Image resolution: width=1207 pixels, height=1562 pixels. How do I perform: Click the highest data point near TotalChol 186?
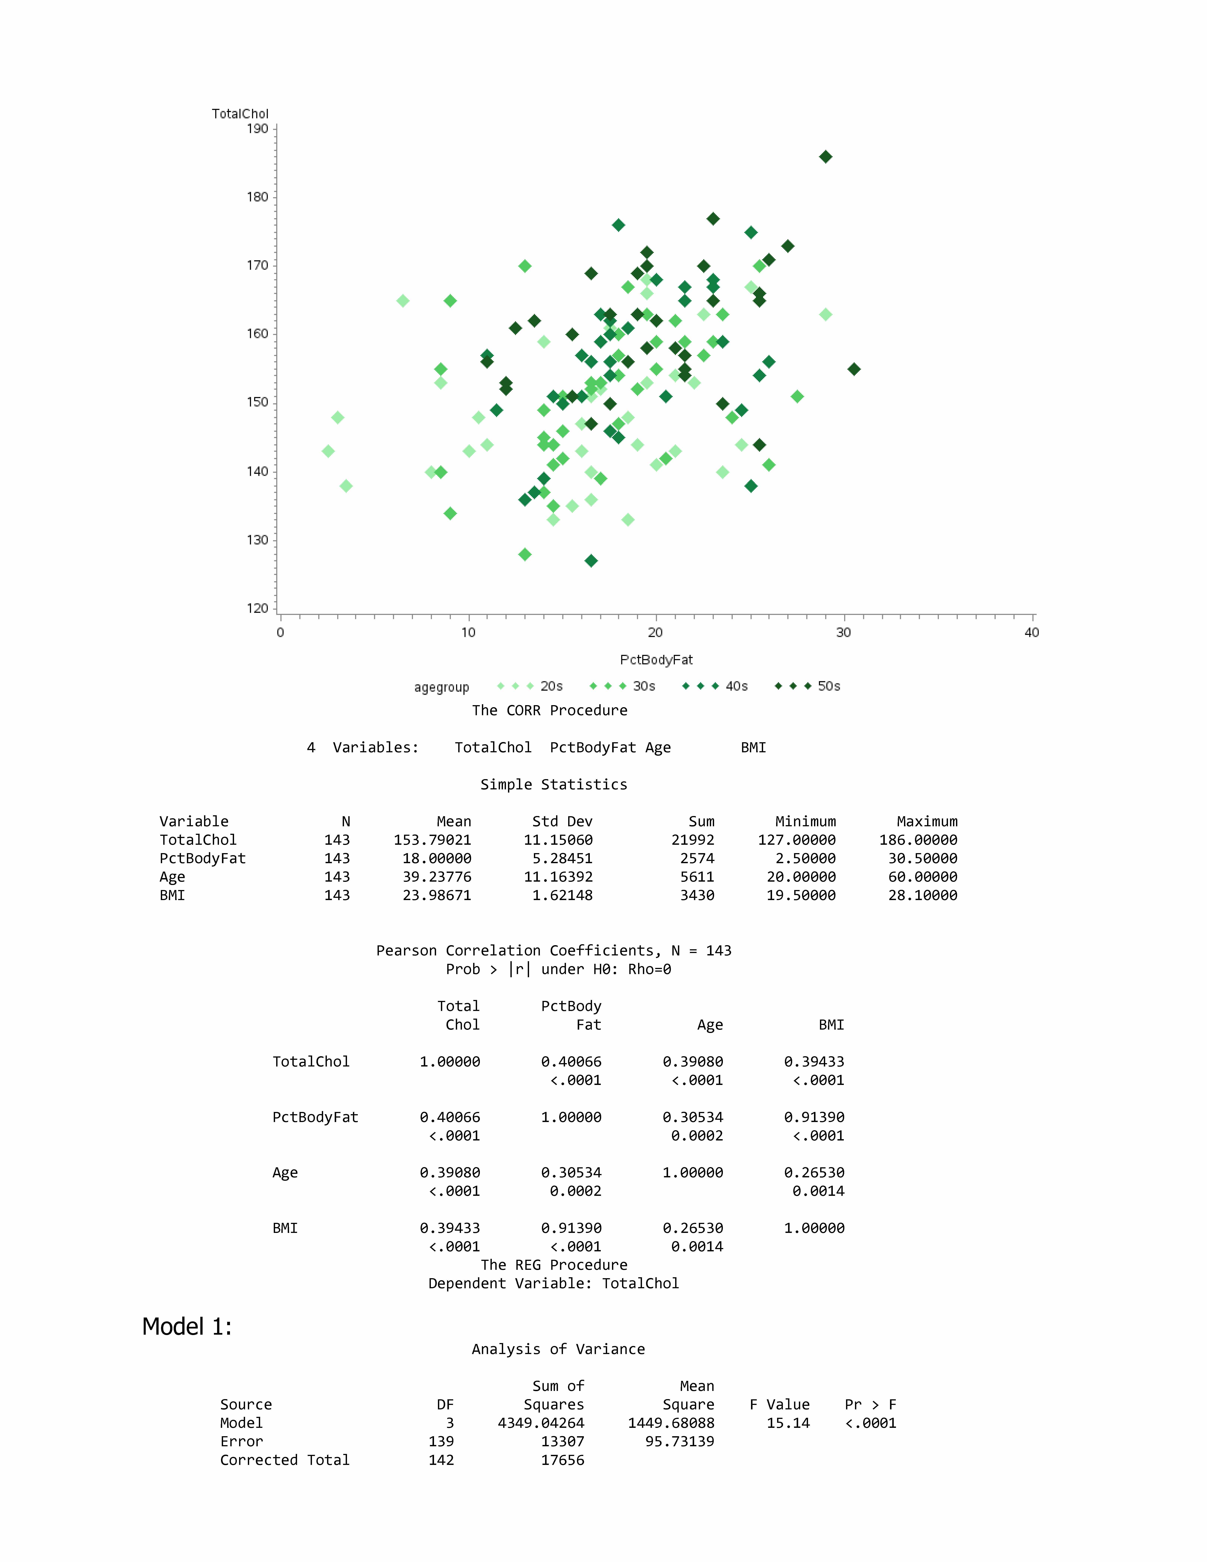click(825, 157)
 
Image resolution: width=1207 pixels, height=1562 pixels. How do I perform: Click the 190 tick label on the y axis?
click(257, 129)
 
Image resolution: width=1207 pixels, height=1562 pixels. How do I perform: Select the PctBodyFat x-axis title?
click(656, 659)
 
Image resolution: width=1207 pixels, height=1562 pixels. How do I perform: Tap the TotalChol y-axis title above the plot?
click(240, 114)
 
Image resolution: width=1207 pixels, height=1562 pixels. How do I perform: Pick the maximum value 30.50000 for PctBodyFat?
click(922, 858)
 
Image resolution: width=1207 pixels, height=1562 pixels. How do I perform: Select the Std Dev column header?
click(562, 821)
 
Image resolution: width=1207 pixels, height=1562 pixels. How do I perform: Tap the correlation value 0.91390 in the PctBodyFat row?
click(814, 1117)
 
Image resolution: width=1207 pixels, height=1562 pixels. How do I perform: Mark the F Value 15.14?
click(788, 1423)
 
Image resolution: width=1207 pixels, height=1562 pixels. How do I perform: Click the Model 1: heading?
click(187, 1327)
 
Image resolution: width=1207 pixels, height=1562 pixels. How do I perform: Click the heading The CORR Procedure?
click(549, 710)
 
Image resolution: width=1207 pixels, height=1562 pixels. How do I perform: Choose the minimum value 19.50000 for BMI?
click(801, 895)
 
